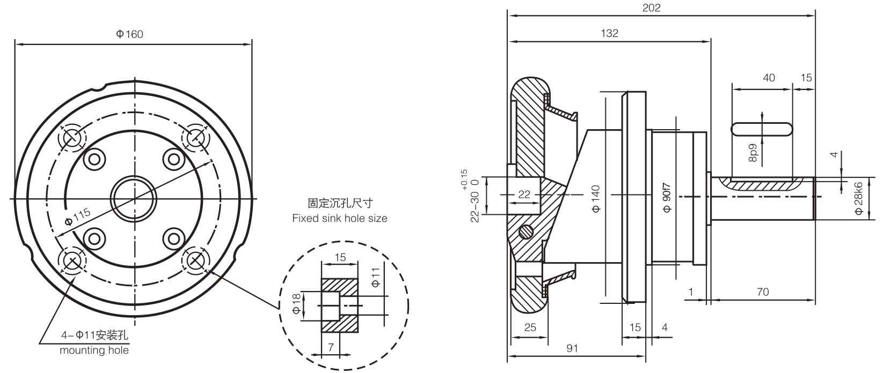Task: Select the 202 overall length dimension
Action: (x=651, y=8)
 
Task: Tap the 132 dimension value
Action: (x=609, y=33)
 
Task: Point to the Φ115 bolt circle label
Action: (x=77, y=217)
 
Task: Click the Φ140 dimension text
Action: (x=596, y=199)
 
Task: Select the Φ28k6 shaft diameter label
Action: (x=858, y=198)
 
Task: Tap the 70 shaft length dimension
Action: (x=762, y=292)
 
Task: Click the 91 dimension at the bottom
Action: (x=572, y=348)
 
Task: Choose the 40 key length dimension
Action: (x=769, y=78)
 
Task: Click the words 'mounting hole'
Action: (x=94, y=350)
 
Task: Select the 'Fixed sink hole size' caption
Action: (x=339, y=218)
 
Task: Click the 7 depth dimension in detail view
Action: (x=331, y=347)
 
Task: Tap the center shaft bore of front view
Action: (x=134, y=199)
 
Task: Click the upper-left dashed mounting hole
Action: (x=72, y=138)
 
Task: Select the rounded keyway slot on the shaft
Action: (x=762, y=129)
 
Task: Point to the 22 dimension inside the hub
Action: (x=524, y=195)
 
